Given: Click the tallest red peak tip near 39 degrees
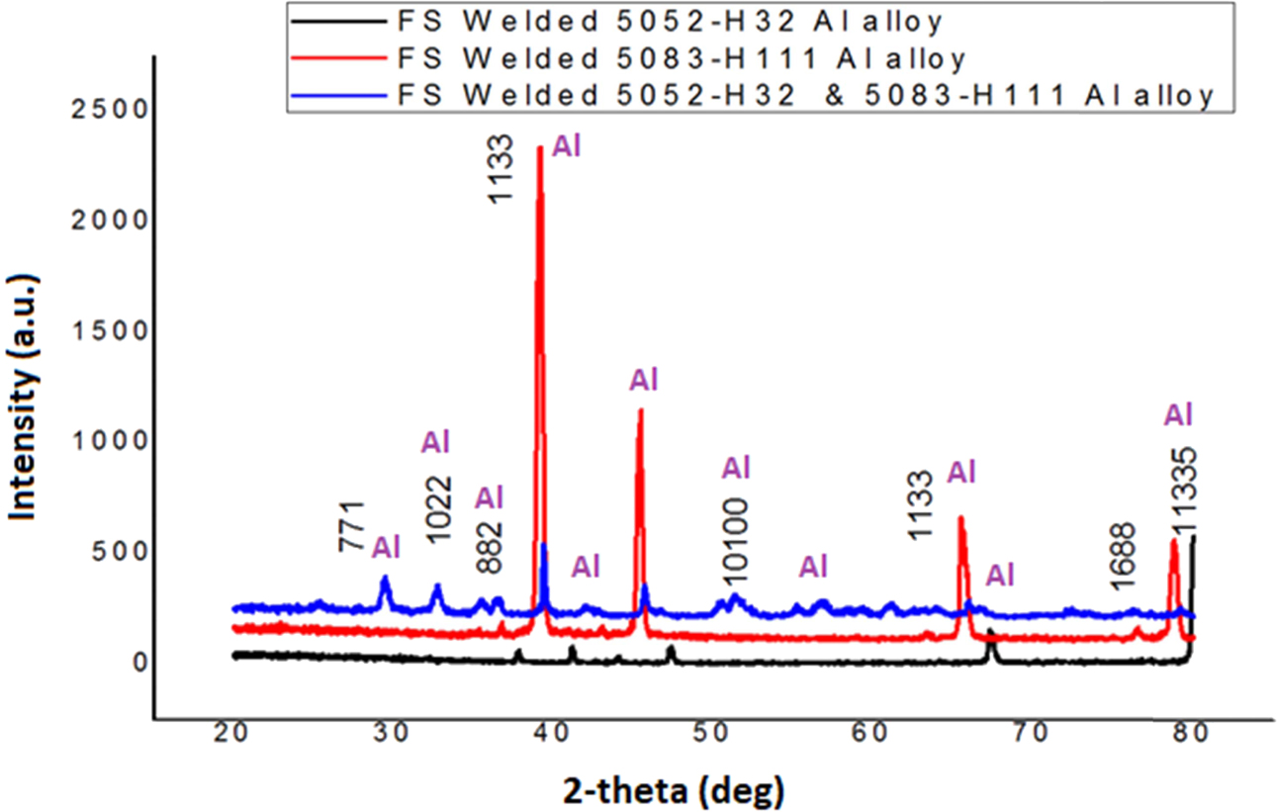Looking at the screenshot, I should pyautogui.click(x=539, y=148).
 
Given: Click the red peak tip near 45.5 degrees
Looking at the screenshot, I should pyautogui.click(x=640, y=410).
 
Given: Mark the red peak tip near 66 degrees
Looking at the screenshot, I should pyautogui.click(x=959, y=518).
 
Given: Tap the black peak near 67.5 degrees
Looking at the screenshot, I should pyautogui.click(x=990, y=631).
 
